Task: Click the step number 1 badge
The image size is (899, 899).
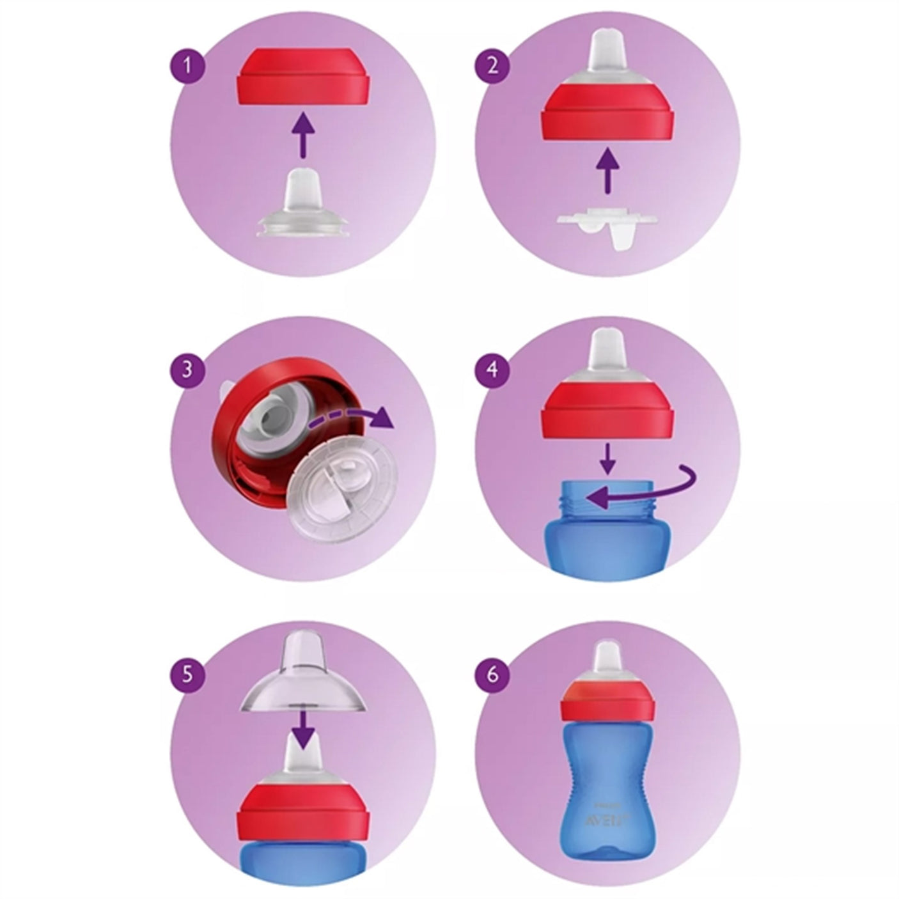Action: pos(187,65)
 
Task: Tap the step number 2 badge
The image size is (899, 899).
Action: pos(492,65)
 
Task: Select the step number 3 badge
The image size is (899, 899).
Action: pos(187,370)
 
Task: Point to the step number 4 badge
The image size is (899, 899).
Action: pos(492,370)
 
